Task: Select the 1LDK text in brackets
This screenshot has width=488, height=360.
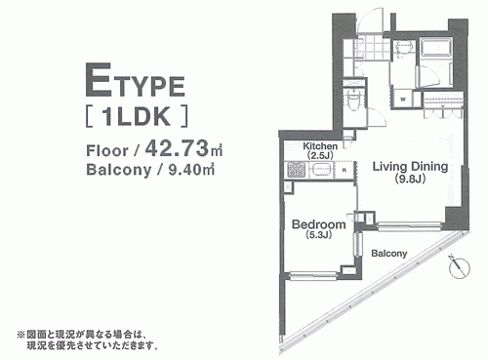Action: (x=137, y=116)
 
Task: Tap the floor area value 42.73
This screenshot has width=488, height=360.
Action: (x=177, y=148)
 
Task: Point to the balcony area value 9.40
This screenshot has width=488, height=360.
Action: (x=185, y=170)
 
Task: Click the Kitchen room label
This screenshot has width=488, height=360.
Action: (x=320, y=146)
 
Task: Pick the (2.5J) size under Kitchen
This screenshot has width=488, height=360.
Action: (x=320, y=155)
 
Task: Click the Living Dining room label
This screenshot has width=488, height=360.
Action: (x=410, y=167)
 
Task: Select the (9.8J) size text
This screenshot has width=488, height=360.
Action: (x=410, y=179)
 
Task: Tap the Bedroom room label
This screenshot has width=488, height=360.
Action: (x=318, y=224)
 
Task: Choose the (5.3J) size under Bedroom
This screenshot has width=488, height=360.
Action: (x=318, y=235)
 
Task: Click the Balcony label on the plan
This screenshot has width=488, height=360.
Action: (x=389, y=253)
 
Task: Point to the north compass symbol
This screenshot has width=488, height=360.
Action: (x=459, y=267)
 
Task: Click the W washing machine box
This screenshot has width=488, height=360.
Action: (x=403, y=100)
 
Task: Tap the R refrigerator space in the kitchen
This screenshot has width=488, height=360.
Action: (x=345, y=170)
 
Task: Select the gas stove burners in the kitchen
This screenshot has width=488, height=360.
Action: (x=296, y=170)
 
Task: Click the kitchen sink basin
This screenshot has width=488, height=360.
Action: (x=322, y=170)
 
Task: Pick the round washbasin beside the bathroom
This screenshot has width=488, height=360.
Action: (x=404, y=48)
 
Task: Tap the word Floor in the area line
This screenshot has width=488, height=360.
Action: (x=107, y=151)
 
